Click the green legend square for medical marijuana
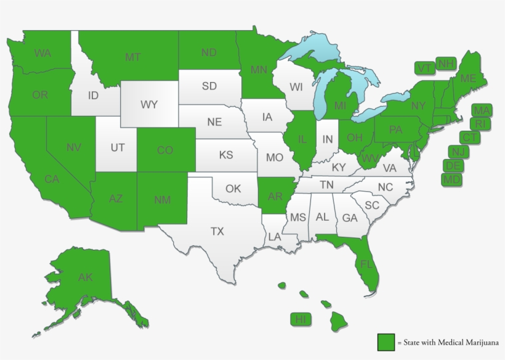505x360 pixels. coord(386,342)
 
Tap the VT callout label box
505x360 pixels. coord(424,68)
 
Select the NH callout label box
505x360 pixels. coord(446,63)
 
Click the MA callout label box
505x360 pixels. coord(482,110)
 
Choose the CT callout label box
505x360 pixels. coord(470,137)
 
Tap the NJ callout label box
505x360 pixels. coord(458,152)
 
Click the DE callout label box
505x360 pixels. coord(454,166)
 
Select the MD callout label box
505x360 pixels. coord(451,179)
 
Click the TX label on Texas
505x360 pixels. coord(217,232)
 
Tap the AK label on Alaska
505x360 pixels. coord(85,277)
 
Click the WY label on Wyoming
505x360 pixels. coord(149,104)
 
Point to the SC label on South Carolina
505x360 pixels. coord(372,205)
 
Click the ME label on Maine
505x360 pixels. coord(468,78)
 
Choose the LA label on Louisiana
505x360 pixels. coord(275,236)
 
